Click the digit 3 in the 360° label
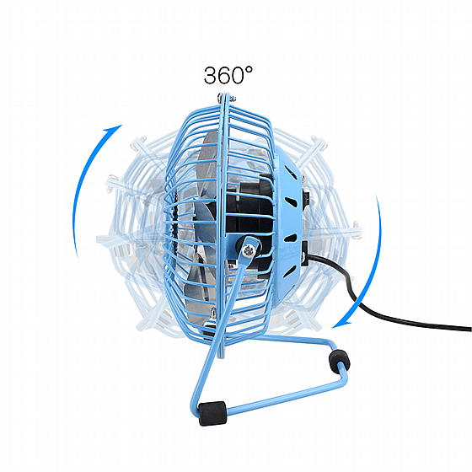[x=211, y=75]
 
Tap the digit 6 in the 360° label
[x=225, y=75]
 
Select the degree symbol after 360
[x=249, y=70]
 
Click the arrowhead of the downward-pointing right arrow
[x=341, y=324]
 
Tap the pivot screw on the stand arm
[x=249, y=250]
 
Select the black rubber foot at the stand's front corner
[x=212, y=413]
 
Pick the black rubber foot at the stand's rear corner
[x=339, y=361]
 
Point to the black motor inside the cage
[x=249, y=217]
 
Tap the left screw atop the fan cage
[x=220, y=97]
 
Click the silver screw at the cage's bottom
[x=213, y=312]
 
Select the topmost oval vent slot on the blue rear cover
[x=290, y=172]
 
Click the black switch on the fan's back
[x=305, y=196]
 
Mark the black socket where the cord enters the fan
[x=305, y=254]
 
